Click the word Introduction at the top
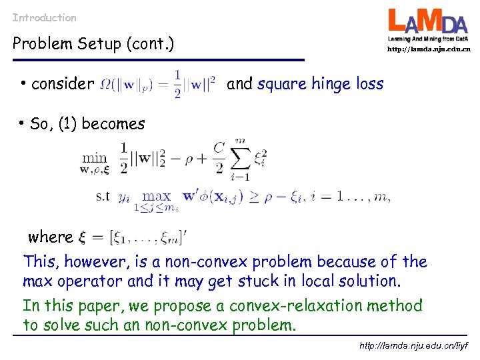pos(44,18)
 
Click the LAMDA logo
pos(429,25)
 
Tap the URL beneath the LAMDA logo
pos(429,49)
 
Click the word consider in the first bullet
pos(63,84)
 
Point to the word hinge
pos(331,84)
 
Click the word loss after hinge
pos(369,84)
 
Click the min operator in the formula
pos(94,157)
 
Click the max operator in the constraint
pos(157,196)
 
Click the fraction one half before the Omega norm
pos(177,84)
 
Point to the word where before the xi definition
pos(50,237)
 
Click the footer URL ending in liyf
pos(414,346)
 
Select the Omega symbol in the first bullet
pos(104,85)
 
